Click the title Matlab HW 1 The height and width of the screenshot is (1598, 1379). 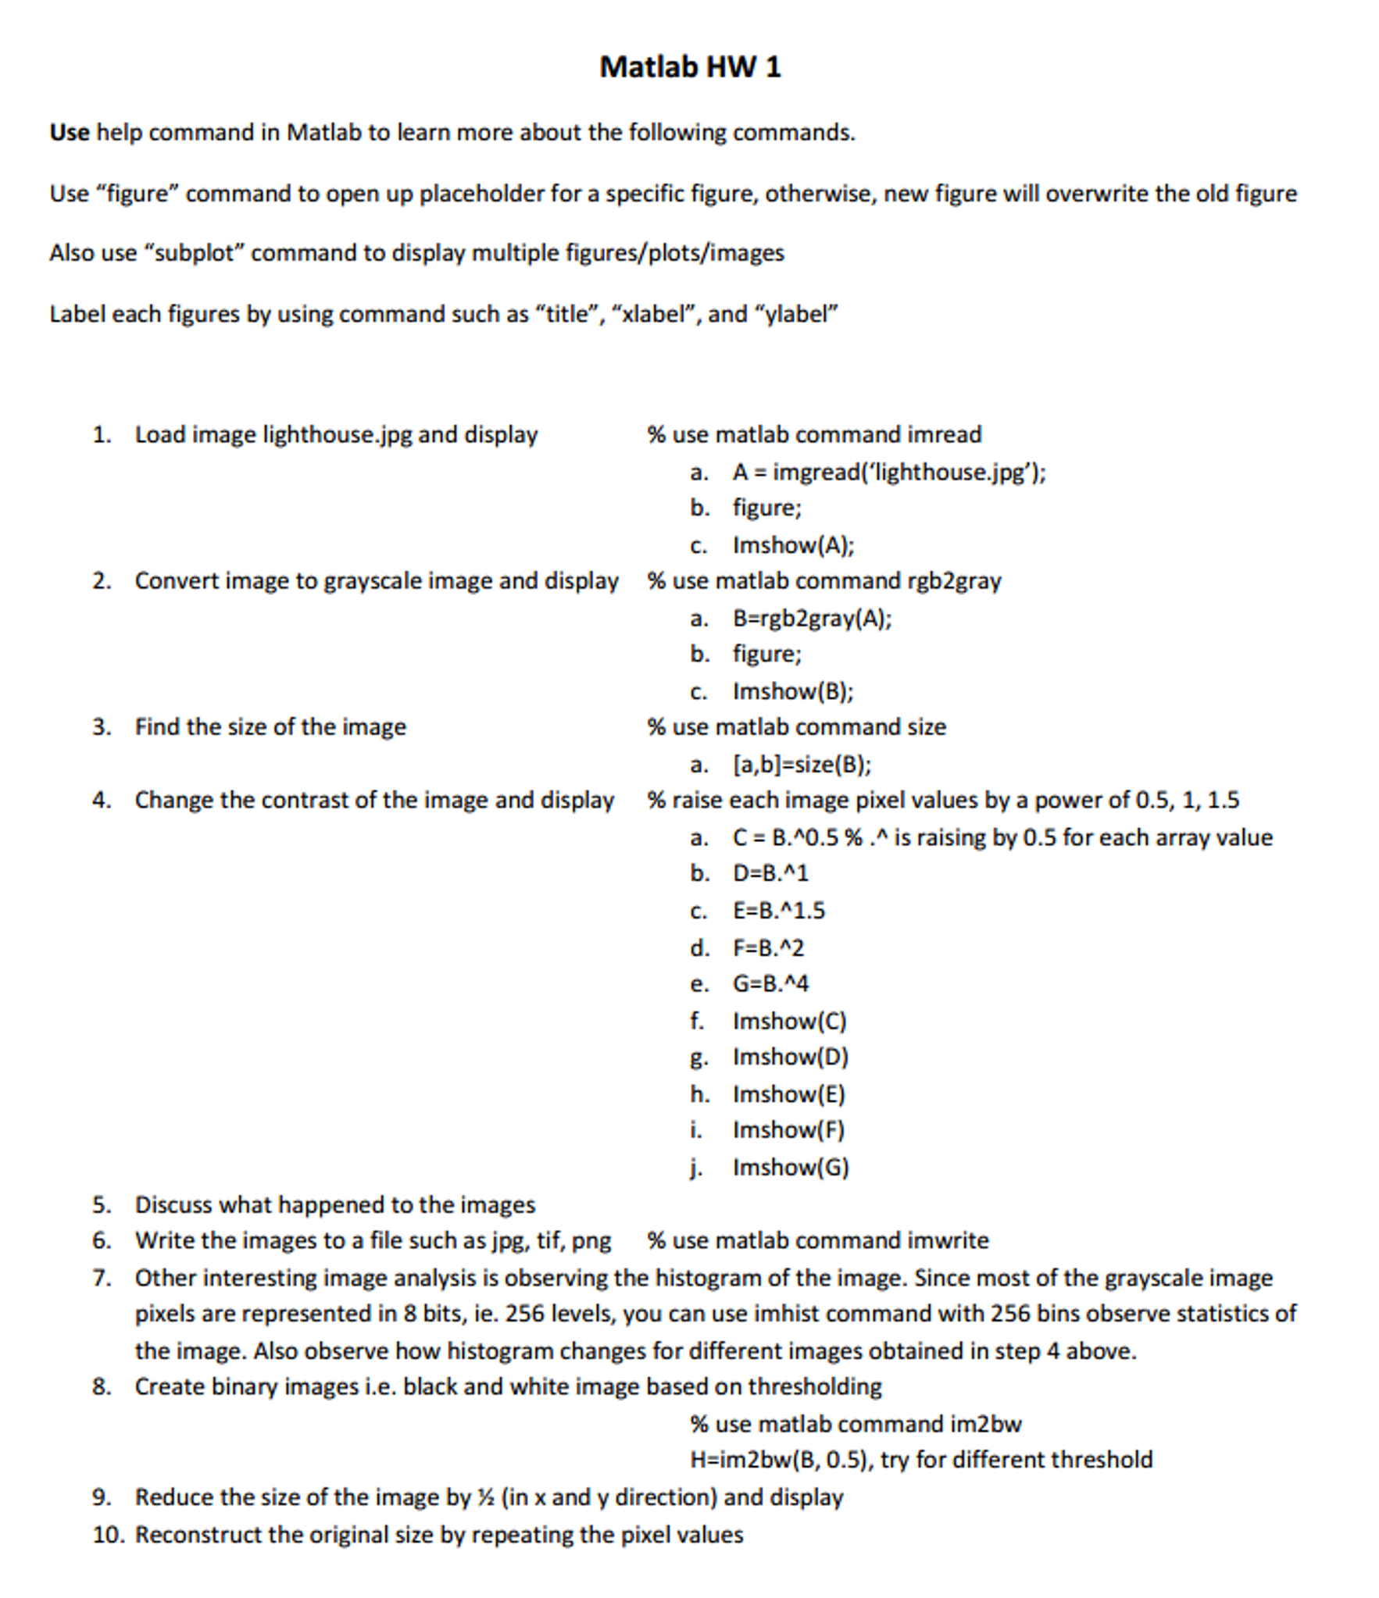pos(689,66)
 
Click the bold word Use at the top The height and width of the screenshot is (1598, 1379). pos(69,132)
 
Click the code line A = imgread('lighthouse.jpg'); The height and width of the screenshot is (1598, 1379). pos(888,473)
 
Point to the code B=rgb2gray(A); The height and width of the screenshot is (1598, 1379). pos(812,619)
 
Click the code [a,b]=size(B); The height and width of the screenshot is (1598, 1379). pos(802,764)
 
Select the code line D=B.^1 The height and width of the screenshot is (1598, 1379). pos(770,873)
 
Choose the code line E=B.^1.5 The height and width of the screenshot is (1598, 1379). pos(778,911)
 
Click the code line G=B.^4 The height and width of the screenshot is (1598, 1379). pos(770,983)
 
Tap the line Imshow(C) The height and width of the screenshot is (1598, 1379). pos(789,1021)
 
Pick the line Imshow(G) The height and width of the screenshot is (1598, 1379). pos(791,1167)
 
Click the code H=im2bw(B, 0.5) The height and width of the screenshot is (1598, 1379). pos(781,1460)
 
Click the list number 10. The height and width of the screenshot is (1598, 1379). pos(108,1535)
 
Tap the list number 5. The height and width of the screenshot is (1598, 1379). pos(102,1204)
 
